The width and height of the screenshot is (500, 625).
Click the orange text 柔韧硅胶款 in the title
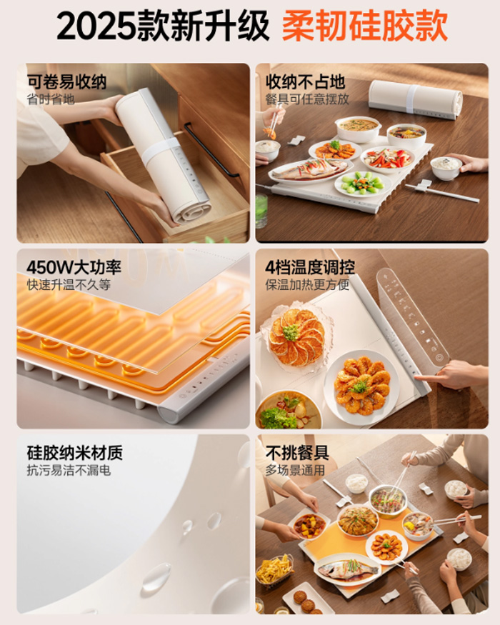coord(364,26)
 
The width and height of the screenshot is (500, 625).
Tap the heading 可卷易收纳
coord(66,81)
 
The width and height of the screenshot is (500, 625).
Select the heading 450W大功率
coord(74,267)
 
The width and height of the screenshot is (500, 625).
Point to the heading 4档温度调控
coord(310,267)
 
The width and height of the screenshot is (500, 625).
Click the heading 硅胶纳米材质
coord(74,452)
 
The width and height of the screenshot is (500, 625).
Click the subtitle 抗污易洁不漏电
coord(69,470)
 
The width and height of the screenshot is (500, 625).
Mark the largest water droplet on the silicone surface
coord(156,576)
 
